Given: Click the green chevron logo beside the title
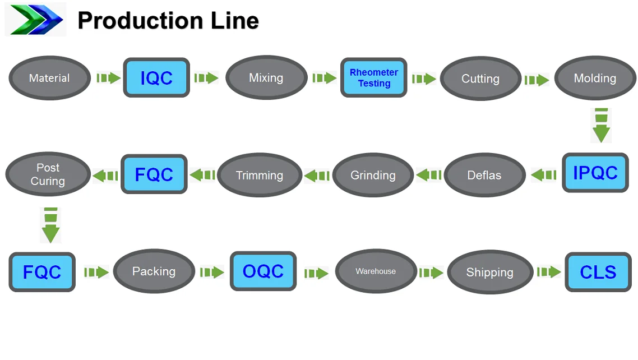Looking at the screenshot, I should pyautogui.click(x=35, y=20).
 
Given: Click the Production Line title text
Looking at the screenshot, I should pyautogui.click(x=168, y=21).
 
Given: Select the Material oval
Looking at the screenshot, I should pyautogui.click(x=49, y=78).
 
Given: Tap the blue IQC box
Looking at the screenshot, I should pyautogui.click(x=156, y=78).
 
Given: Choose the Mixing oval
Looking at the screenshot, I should pyautogui.click(x=266, y=78).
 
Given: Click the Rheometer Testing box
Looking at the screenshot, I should pyautogui.click(x=374, y=78).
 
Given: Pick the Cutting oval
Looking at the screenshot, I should pyautogui.click(x=480, y=79).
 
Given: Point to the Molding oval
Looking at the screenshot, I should pyautogui.click(x=595, y=79).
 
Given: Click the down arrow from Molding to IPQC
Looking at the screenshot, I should pyautogui.click(x=600, y=126).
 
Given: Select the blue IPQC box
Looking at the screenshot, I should pyautogui.click(x=595, y=173).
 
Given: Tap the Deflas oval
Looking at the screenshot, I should pyautogui.click(x=484, y=175).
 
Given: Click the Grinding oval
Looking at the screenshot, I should pyautogui.click(x=373, y=175).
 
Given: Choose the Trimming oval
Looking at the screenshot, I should pyautogui.click(x=259, y=175).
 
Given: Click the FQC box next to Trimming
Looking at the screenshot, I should pyautogui.click(x=154, y=174).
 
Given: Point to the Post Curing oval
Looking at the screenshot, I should pyautogui.click(x=48, y=174).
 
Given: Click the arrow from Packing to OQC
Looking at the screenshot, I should pyautogui.click(x=212, y=273).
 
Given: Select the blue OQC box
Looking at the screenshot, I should pyautogui.click(x=263, y=271).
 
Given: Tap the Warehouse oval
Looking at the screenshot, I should pyautogui.click(x=376, y=271).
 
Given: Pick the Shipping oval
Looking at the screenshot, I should pyautogui.click(x=490, y=273).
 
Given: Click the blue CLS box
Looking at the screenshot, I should pyautogui.click(x=598, y=273).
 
